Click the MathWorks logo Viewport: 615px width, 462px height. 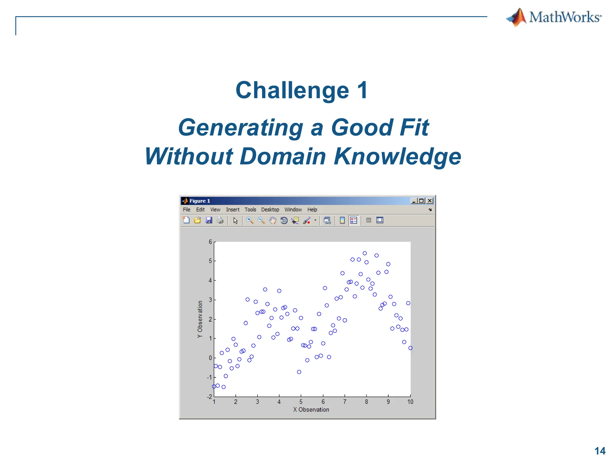[554, 17]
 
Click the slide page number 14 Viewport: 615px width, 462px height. [600, 451]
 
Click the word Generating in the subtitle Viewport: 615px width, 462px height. [240, 128]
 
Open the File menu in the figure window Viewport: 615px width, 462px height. [186, 210]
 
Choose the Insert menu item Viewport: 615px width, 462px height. [232, 210]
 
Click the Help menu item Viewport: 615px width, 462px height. [312, 210]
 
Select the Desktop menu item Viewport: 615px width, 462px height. [270, 210]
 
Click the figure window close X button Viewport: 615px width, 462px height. [430, 201]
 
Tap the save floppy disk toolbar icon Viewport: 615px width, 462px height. [209, 220]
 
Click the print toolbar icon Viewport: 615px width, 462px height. [220, 220]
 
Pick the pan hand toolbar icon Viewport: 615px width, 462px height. [272, 220]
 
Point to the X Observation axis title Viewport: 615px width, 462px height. [311, 410]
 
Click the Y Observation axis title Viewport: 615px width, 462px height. [200, 319]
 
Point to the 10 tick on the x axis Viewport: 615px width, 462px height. [410, 402]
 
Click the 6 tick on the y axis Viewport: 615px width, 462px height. [210, 242]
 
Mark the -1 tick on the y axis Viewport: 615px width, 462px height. [209, 377]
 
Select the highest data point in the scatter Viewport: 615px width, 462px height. [365, 253]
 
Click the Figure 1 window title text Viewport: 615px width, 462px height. [200, 201]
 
